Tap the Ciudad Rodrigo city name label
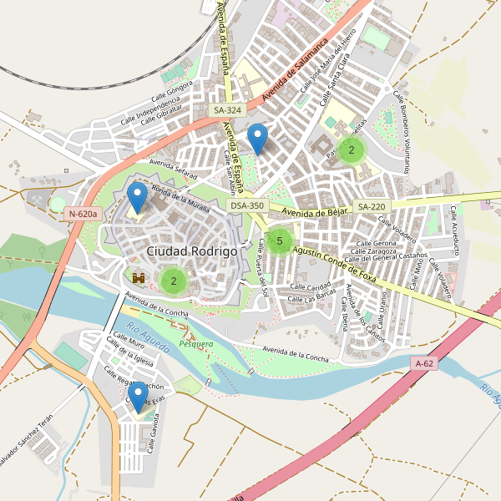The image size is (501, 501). click(191, 250)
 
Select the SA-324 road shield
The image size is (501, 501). click(227, 110)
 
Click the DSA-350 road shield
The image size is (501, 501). click(247, 205)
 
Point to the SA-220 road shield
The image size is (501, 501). click(372, 206)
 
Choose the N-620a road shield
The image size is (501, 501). click(83, 214)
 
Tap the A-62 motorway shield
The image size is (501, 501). click(425, 363)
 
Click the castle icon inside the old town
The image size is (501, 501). click(139, 277)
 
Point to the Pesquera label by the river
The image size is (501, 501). click(195, 343)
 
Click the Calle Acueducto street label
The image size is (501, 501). click(457, 230)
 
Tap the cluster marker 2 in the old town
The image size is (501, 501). click(174, 281)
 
